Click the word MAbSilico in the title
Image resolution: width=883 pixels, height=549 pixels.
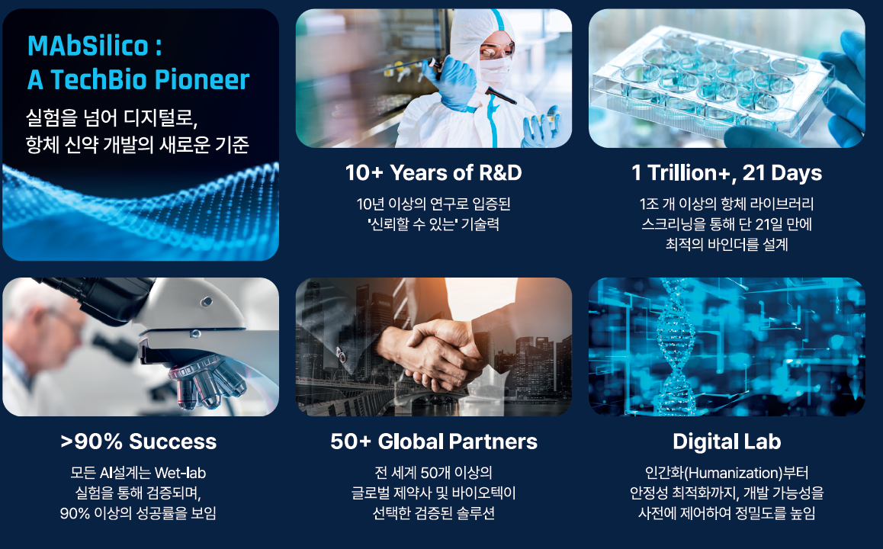pyautogui.click(x=87, y=47)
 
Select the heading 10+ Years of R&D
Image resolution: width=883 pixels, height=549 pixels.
pyautogui.click(x=433, y=173)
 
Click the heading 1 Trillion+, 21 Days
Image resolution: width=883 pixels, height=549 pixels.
pyautogui.click(x=727, y=173)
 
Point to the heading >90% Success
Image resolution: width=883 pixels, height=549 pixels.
pyautogui.click(x=138, y=441)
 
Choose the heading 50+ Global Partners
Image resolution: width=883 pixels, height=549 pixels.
pyautogui.click(x=433, y=441)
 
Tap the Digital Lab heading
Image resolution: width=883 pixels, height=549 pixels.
pyautogui.click(x=727, y=441)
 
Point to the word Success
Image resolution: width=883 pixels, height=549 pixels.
pyautogui.click(x=172, y=441)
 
